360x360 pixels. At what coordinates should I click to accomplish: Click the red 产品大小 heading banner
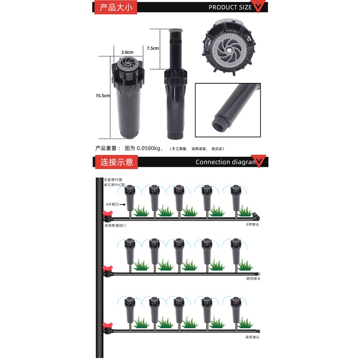click(x=116, y=7)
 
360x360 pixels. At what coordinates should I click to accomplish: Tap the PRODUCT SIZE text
click(x=230, y=7)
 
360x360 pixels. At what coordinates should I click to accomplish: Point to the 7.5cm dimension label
click(x=153, y=48)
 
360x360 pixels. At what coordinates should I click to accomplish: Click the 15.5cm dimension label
click(x=103, y=96)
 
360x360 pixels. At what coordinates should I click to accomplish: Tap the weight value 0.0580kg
click(x=149, y=149)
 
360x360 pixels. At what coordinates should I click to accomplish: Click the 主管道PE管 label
click(x=113, y=180)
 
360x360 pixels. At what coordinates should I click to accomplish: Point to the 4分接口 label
click(x=112, y=205)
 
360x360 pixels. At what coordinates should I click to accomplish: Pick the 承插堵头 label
click(x=252, y=337)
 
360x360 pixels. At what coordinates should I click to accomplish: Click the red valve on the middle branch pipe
click(x=108, y=269)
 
